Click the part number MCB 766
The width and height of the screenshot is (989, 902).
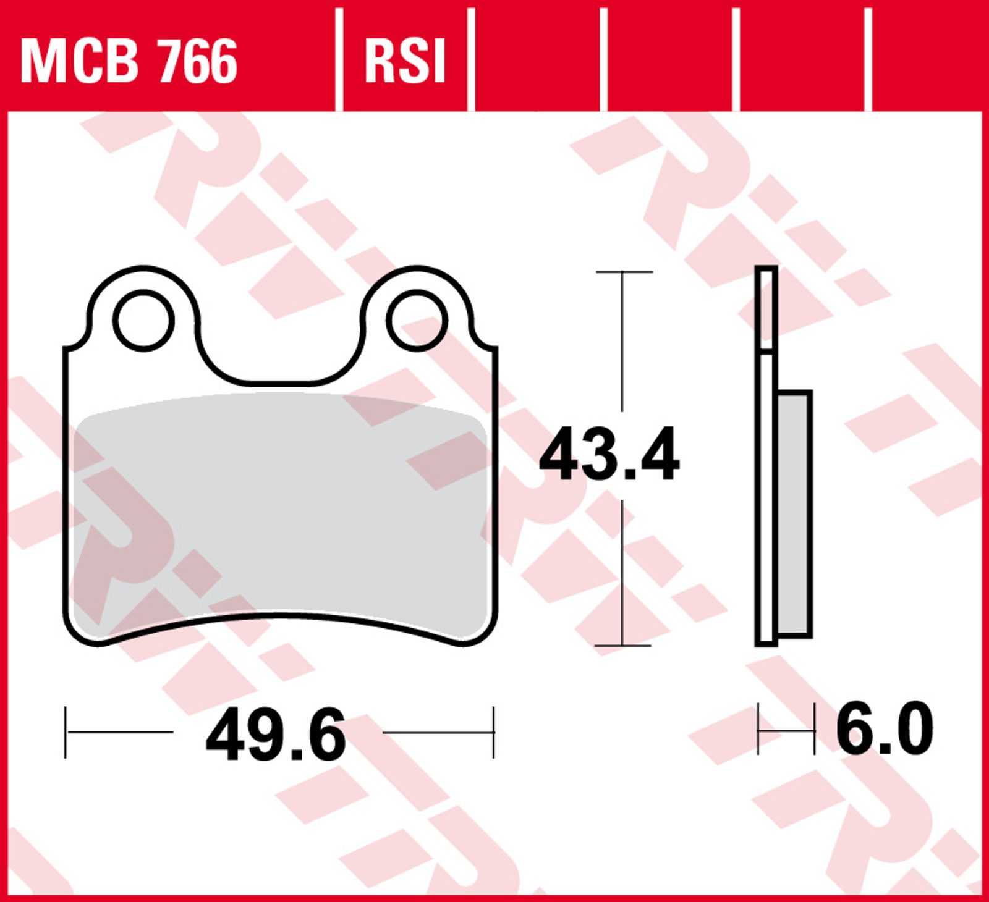(x=129, y=60)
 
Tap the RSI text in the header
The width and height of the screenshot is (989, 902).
(x=405, y=60)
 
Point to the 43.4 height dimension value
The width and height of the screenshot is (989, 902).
(x=609, y=455)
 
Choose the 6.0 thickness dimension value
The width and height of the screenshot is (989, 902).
(x=885, y=728)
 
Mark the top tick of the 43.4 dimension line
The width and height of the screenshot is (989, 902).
(x=624, y=272)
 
